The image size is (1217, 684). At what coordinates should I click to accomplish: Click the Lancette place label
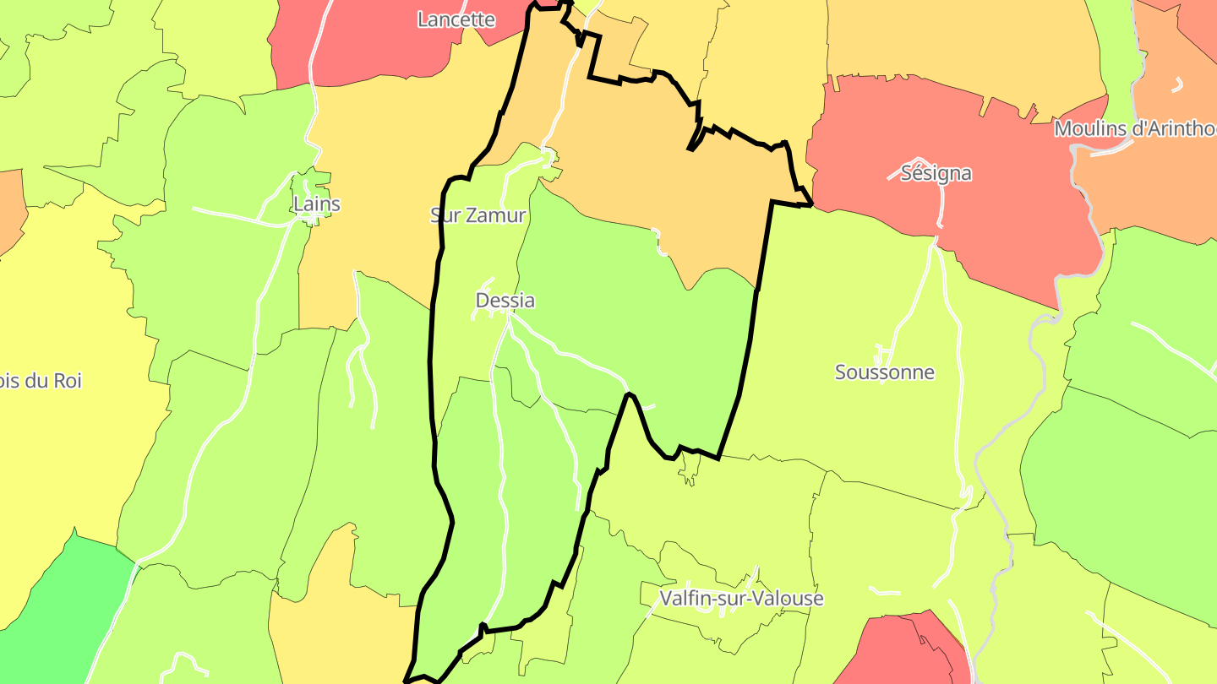(x=456, y=19)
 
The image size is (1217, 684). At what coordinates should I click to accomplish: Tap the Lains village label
(x=317, y=204)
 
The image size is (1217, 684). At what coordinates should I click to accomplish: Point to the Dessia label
(x=505, y=301)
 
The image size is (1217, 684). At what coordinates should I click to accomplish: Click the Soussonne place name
(x=885, y=372)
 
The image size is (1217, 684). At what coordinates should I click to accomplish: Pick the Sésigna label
(x=936, y=174)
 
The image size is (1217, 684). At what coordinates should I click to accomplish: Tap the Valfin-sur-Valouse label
(x=741, y=599)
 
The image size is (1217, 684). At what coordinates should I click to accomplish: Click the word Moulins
(x=1089, y=129)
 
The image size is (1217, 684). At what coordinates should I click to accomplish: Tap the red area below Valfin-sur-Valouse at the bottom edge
(x=904, y=654)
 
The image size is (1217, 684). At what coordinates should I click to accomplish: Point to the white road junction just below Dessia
(x=508, y=317)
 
